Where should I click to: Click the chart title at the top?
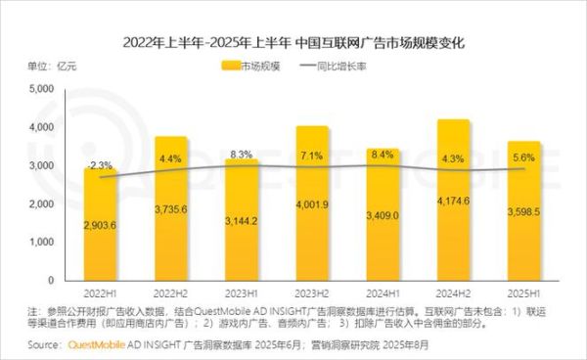click(293, 44)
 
